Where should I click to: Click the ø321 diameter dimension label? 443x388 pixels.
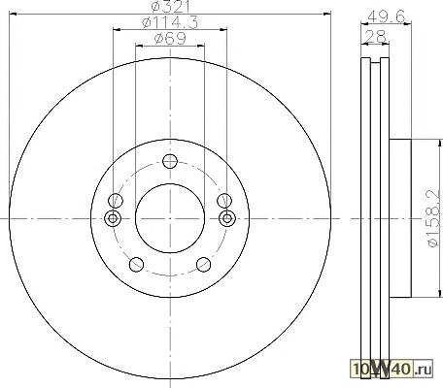[x=172, y=7]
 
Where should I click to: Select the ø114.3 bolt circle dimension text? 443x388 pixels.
[x=170, y=22]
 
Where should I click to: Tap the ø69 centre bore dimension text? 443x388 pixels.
[x=170, y=39]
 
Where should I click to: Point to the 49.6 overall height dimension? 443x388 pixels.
[x=387, y=16]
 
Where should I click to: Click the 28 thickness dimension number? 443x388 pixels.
[x=376, y=36]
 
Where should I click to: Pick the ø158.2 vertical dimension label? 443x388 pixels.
[x=433, y=218]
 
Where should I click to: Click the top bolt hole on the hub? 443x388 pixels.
[x=170, y=161]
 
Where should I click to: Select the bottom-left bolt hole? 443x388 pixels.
[x=136, y=265]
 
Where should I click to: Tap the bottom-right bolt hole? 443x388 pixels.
[x=204, y=265]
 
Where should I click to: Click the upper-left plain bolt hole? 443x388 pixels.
[x=116, y=201]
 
